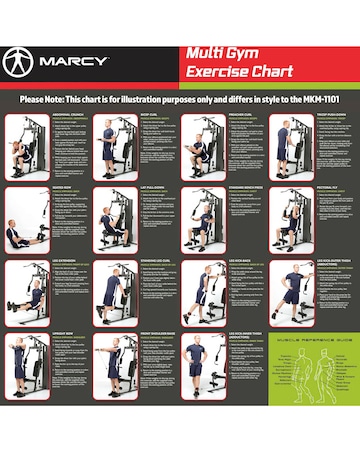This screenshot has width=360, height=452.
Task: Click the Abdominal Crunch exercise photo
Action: [x=24, y=146]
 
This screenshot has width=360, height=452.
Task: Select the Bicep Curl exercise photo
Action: [x=113, y=146]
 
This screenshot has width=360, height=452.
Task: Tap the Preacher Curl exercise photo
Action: [x=201, y=146]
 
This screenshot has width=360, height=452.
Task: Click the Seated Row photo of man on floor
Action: [x=24, y=221]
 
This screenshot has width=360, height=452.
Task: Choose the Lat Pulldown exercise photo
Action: [x=113, y=221]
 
